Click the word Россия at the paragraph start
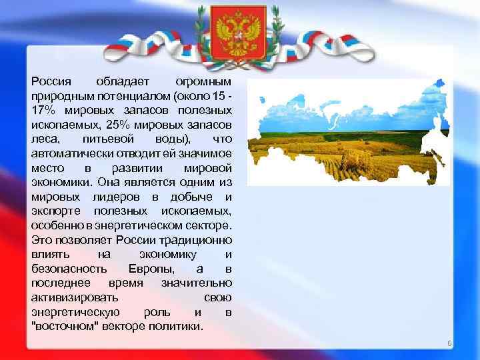pyautogui.click(x=51, y=81)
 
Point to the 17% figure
pyautogui.click(x=43, y=110)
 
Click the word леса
pyautogui.click(x=45, y=139)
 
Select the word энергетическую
pyautogui.click(x=75, y=311)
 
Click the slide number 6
pyautogui.click(x=449, y=343)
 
